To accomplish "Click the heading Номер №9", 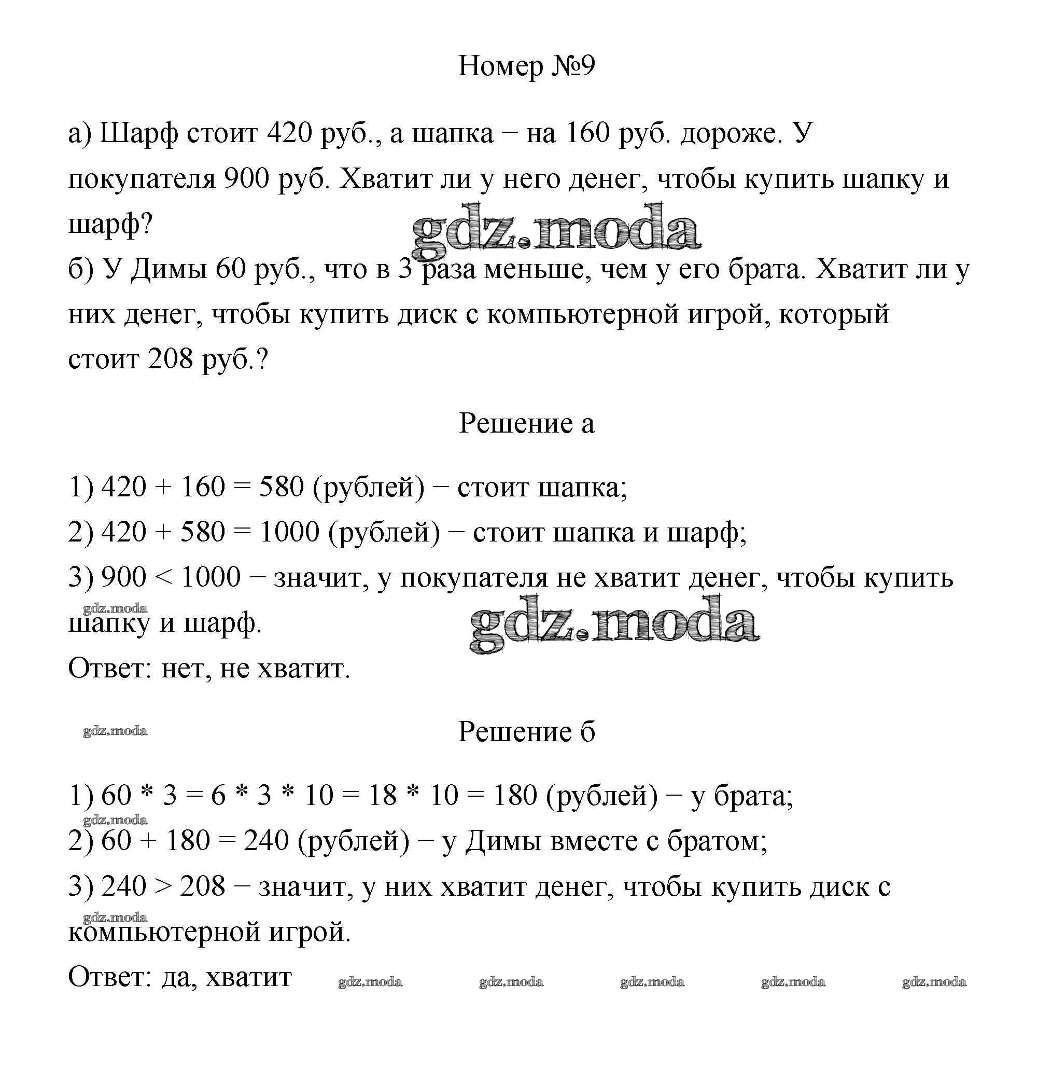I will (x=526, y=67).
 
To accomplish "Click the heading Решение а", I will (x=526, y=424).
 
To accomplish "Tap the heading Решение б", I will (x=526, y=732).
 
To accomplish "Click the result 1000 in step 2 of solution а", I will (x=289, y=533).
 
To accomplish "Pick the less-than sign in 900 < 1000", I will (x=163, y=578).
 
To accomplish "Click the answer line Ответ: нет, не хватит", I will (x=209, y=669).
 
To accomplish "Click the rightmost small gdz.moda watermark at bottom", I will (x=934, y=982).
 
